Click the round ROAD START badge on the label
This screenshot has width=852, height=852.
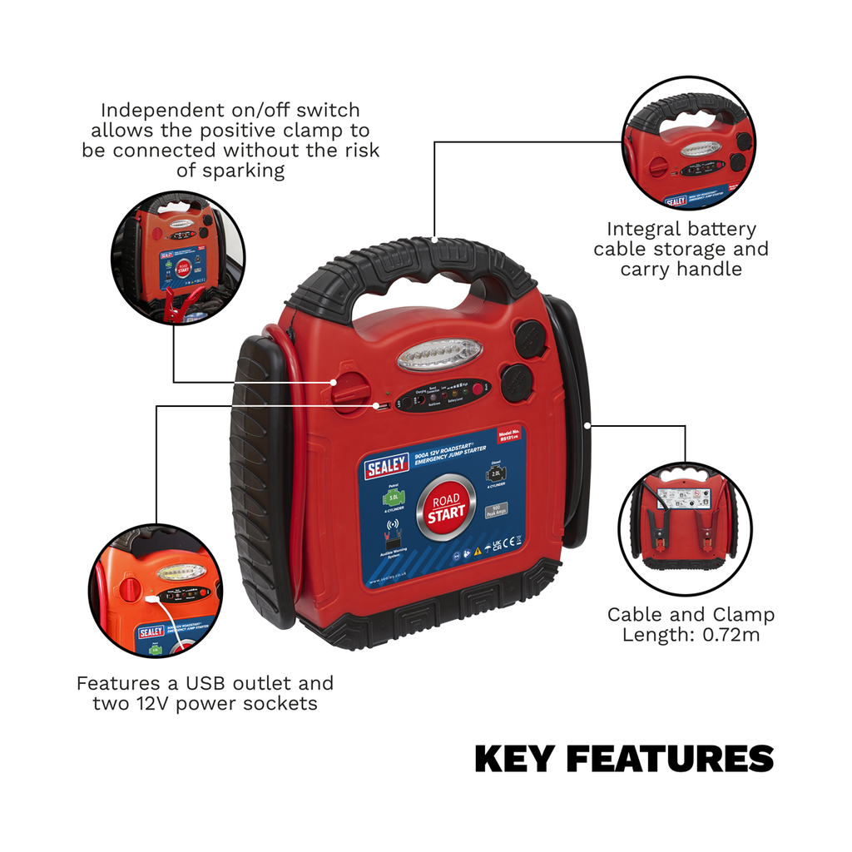pyautogui.click(x=448, y=506)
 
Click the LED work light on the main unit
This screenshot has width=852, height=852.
pyautogui.click(x=440, y=354)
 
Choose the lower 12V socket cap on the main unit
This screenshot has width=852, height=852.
pyautogui.click(x=518, y=382)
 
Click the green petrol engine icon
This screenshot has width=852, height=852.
pyautogui.click(x=393, y=498)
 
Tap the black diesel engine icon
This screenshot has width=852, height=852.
pyautogui.click(x=497, y=476)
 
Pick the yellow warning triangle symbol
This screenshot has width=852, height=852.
pyautogui.click(x=478, y=551)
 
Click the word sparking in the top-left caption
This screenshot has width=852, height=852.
pyautogui.click(x=245, y=171)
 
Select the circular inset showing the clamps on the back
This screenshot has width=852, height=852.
pyautogui.click(x=685, y=529)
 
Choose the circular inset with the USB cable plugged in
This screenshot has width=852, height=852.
pyautogui.click(x=156, y=590)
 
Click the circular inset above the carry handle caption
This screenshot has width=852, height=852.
pyautogui.click(x=688, y=143)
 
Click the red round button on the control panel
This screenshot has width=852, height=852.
pyautogui.click(x=478, y=388)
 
